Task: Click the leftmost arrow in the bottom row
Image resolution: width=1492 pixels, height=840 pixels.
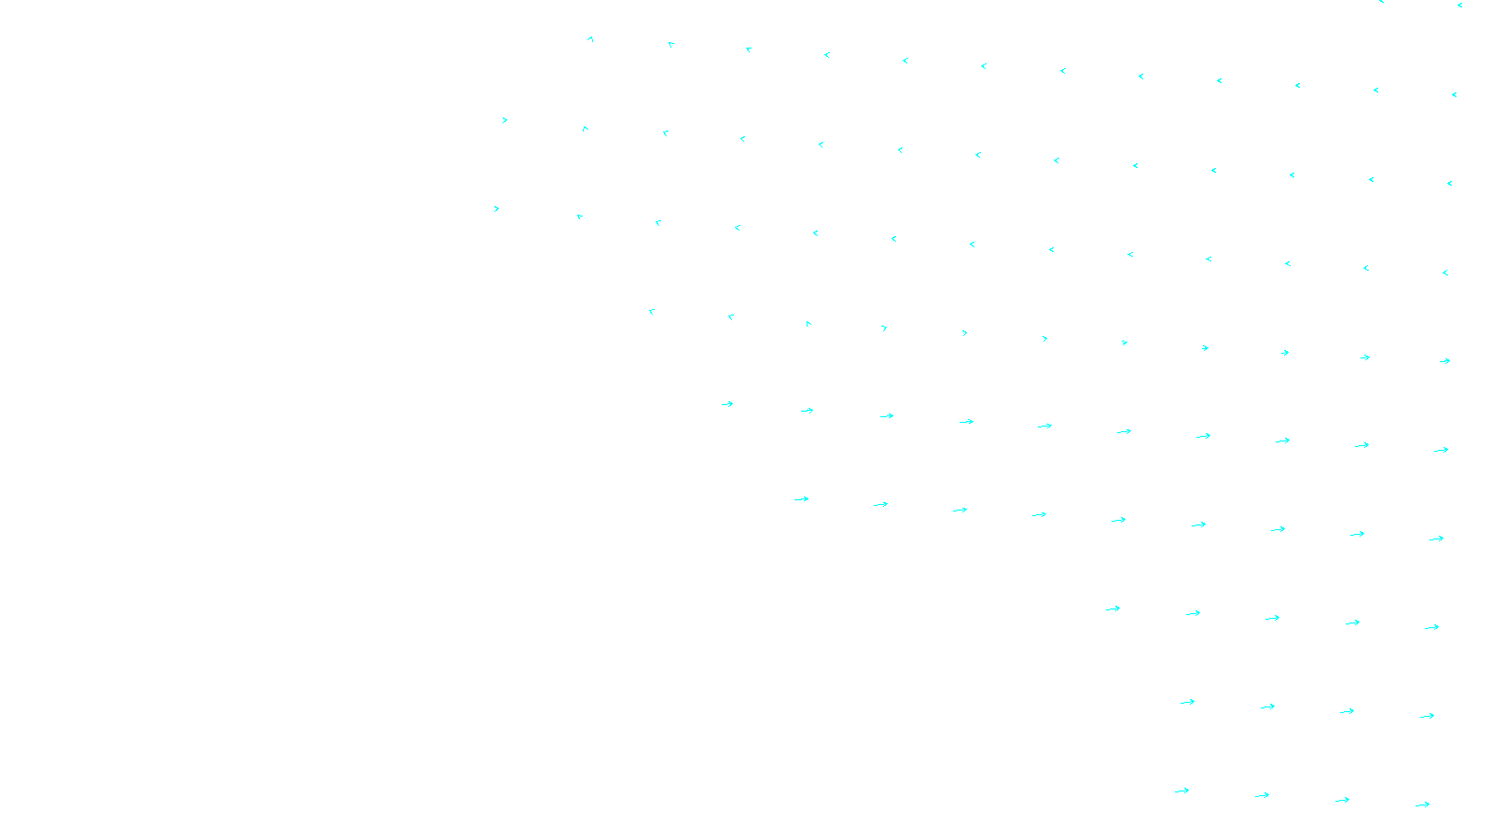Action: point(1181,791)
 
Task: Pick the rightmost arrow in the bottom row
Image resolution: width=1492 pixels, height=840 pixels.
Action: point(1422,805)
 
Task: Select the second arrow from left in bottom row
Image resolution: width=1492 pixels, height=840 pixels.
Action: point(1262,796)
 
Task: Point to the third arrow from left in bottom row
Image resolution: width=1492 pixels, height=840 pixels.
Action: point(1342,800)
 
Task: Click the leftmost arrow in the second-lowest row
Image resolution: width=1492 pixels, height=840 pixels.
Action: point(1187,702)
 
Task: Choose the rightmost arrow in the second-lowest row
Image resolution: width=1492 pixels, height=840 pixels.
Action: point(1427,716)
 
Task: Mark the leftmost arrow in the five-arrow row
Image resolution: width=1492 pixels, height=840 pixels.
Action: point(1112,609)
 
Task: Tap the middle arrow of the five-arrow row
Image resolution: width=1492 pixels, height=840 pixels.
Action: point(1272,618)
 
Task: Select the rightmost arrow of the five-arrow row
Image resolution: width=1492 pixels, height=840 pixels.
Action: point(1431,627)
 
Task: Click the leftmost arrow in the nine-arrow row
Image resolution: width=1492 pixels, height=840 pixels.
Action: point(801,499)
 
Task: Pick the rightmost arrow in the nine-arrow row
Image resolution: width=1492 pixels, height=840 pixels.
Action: point(1436,539)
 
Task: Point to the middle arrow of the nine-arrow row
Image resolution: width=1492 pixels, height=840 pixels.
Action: point(1118,520)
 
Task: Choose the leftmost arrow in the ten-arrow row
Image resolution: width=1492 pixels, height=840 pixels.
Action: point(727,404)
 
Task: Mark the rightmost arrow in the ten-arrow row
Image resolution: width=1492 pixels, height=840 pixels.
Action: point(1441,450)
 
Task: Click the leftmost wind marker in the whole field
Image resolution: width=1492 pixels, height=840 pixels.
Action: point(496,209)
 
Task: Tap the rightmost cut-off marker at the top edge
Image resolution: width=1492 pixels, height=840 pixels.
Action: point(1459,5)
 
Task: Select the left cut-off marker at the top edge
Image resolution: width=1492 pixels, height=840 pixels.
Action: point(1381,2)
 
